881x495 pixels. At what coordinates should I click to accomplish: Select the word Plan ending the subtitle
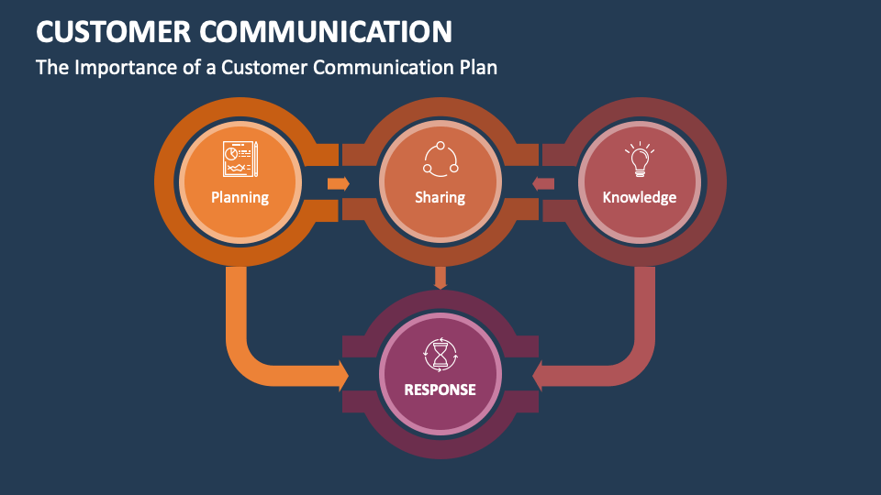point(477,68)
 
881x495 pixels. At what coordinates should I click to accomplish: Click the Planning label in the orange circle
point(240,197)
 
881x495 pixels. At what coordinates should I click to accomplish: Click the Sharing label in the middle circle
point(440,197)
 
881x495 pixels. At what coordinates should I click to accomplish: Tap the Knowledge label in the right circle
point(640,197)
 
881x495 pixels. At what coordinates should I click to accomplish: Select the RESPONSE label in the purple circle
point(440,390)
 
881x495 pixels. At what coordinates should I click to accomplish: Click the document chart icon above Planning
point(240,159)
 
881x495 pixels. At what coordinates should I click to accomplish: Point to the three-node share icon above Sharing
point(440,159)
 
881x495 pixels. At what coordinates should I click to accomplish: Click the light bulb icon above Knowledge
point(640,159)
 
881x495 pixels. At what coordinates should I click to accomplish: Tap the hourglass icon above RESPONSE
point(440,352)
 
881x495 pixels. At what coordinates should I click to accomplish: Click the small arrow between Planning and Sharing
point(339,183)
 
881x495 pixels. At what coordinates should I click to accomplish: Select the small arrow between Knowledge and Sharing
point(542,183)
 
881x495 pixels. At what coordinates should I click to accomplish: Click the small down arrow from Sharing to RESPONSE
point(440,277)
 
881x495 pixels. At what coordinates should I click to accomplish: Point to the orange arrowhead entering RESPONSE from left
point(342,375)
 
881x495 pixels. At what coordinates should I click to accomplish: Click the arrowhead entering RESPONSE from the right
point(539,375)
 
